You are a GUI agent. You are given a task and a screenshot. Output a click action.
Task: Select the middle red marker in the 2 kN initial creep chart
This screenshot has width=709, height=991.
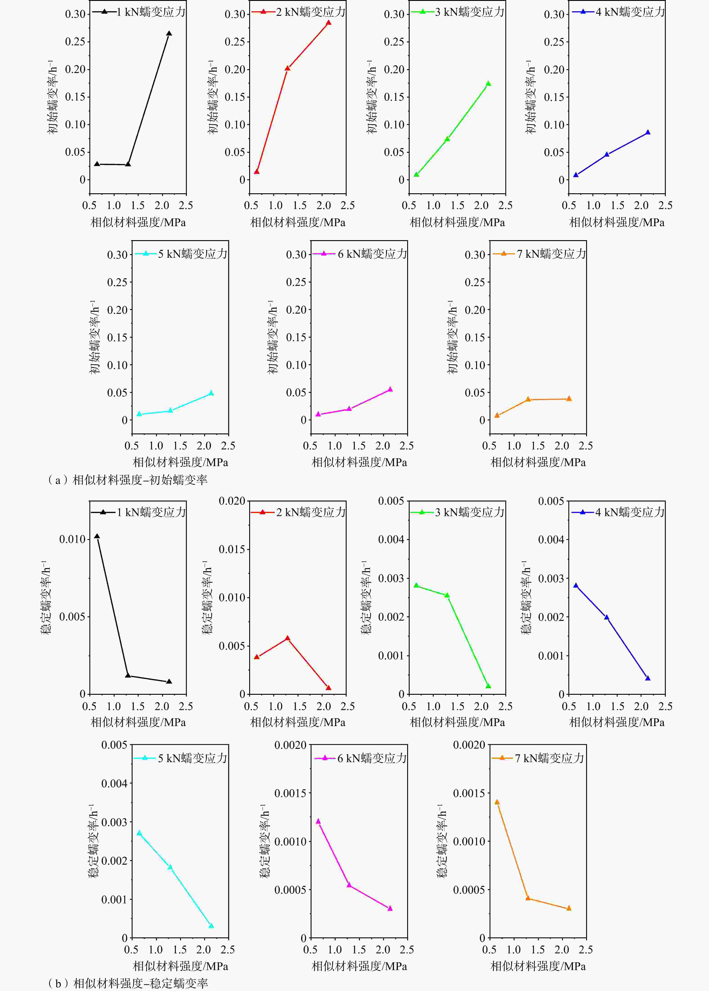(x=287, y=68)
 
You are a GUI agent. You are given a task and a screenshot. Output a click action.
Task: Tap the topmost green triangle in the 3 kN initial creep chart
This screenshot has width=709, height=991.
(x=488, y=83)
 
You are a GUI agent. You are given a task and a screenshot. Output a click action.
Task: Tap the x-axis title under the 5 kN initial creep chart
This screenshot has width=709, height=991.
(x=180, y=462)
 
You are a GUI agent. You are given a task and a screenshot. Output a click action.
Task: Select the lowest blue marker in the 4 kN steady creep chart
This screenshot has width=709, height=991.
(x=648, y=678)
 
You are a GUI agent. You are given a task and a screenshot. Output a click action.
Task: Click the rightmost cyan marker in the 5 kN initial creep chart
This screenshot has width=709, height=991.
(x=211, y=393)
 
